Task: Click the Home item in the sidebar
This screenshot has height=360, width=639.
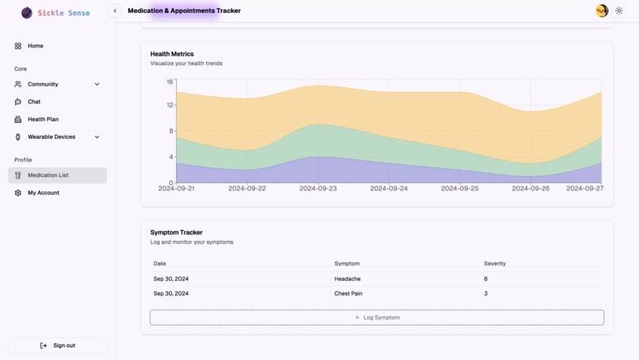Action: (35, 46)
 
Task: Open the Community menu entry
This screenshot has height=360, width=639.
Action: (43, 84)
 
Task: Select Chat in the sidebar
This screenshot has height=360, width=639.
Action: (34, 101)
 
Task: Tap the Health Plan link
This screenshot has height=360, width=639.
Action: (43, 119)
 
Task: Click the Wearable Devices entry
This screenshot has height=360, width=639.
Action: (51, 136)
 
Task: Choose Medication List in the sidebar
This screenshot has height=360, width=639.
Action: (48, 175)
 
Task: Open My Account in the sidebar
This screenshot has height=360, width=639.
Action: (43, 193)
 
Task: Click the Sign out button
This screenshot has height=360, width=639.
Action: (57, 346)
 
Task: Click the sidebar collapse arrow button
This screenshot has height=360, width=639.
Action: (115, 11)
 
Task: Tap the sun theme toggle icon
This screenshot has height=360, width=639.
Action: (619, 11)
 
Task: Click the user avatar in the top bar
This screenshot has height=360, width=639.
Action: (602, 11)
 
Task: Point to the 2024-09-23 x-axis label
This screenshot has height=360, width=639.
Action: (318, 189)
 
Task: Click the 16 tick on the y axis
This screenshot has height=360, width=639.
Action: (170, 82)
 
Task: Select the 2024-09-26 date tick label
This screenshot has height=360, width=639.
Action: (530, 189)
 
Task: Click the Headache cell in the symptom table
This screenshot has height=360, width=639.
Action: (347, 279)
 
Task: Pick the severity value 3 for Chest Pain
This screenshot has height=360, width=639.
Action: (486, 293)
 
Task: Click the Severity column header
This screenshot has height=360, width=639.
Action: (495, 263)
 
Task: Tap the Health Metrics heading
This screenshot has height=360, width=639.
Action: (172, 54)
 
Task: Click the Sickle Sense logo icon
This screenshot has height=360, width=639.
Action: (27, 13)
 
